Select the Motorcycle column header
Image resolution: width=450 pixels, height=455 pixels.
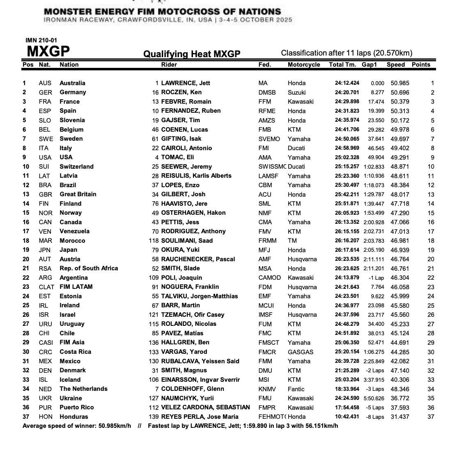[x=304, y=65]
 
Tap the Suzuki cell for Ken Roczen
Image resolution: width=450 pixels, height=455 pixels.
[x=296, y=93]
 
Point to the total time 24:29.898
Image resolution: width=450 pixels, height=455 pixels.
[x=347, y=102]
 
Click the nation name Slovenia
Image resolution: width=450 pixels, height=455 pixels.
[x=72, y=120]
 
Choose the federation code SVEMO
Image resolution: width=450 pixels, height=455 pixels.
[x=269, y=139]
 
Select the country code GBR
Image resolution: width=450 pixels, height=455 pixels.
[x=45, y=195]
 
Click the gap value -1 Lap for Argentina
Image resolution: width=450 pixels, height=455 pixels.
[x=376, y=278]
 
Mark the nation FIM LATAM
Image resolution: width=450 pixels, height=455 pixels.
[x=76, y=287]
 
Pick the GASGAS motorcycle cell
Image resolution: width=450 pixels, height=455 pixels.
[x=301, y=352]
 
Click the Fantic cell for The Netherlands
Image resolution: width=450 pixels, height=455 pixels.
[x=296, y=389]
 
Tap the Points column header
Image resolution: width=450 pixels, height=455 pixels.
[x=421, y=65]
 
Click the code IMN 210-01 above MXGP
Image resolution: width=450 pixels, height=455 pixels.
[x=41, y=40]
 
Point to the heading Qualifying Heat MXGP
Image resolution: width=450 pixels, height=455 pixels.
[x=192, y=54]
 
